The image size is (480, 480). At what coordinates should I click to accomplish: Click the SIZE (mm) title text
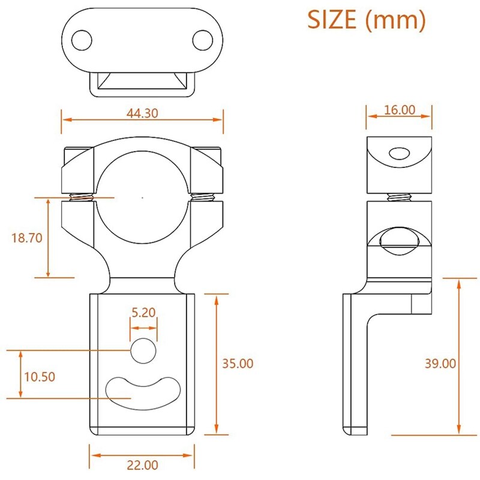[367, 20]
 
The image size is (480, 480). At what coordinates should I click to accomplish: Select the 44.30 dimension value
[142, 113]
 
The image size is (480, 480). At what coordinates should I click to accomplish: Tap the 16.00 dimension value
[398, 109]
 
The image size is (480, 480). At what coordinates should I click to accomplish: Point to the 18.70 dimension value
[26, 238]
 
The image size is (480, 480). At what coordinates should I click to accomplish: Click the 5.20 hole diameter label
[143, 313]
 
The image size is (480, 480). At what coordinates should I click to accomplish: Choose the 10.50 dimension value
[40, 377]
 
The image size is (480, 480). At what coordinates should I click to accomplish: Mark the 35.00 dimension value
[238, 363]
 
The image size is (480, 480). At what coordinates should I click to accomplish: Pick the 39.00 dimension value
[440, 363]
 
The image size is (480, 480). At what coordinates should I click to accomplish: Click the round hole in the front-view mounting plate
[143, 351]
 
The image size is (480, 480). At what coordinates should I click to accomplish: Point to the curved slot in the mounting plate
[143, 394]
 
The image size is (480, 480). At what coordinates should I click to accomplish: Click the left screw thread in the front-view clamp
[82, 197]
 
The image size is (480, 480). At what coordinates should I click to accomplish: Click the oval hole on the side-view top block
[398, 154]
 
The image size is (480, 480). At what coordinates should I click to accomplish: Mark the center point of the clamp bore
[142, 196]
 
